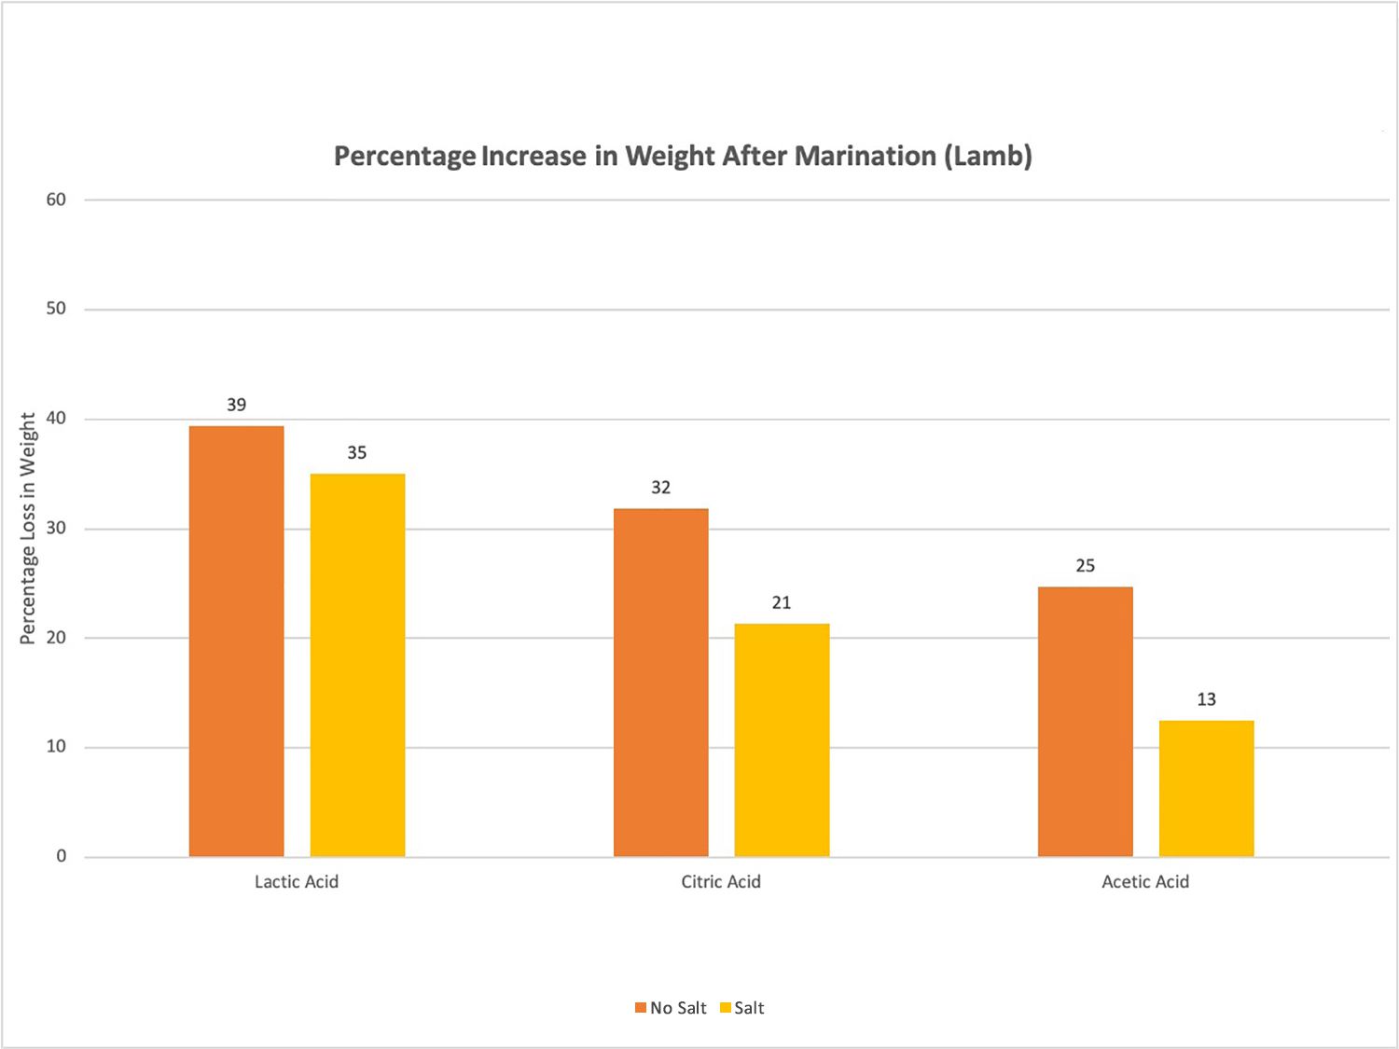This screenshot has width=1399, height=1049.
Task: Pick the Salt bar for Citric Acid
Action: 782,740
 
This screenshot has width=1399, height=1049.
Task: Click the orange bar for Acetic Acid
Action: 1085,722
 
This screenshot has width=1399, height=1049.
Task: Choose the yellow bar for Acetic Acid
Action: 1206,789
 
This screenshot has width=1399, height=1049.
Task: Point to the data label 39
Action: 236,405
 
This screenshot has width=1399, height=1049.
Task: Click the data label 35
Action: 357,453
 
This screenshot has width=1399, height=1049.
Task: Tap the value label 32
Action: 660,488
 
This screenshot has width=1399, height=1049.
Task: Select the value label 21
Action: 782,603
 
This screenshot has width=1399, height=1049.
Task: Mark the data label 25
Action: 1085,566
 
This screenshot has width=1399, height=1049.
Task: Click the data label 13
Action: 1206,699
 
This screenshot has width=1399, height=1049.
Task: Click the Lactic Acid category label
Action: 297,882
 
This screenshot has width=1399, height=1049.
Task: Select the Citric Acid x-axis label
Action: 721,882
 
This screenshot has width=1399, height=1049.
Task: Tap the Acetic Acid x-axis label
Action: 1145,882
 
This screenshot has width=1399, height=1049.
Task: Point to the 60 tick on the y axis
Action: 56,200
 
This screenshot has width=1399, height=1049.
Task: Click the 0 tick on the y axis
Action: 62,856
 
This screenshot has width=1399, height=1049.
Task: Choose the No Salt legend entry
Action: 671,1008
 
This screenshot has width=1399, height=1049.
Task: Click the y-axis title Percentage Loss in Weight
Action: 28,528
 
